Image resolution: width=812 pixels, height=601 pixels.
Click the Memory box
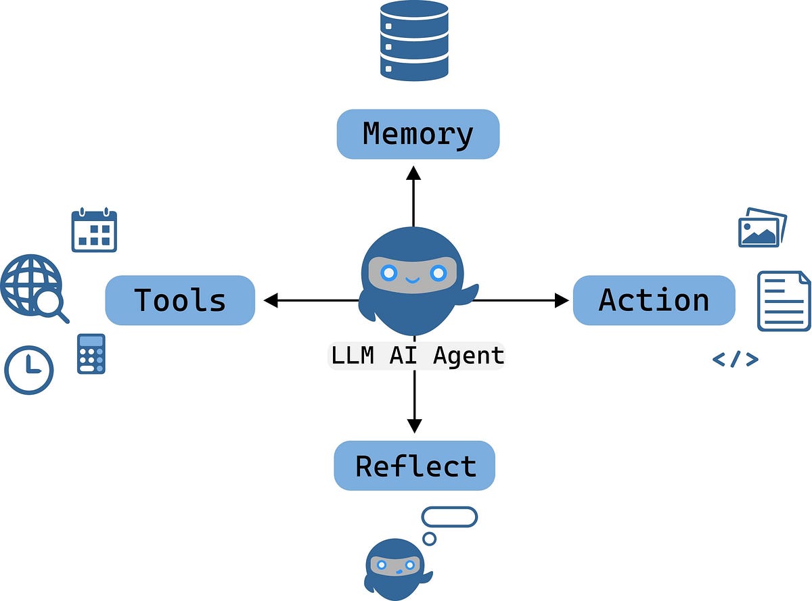[x=418, y=135]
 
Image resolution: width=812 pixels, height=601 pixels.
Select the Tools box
[x=180, y=300]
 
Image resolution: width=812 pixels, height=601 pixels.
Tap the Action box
[x=654, y=300]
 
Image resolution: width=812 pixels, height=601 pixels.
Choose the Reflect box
[x=415, y=466]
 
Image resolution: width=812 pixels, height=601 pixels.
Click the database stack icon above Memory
[x=414, y=41]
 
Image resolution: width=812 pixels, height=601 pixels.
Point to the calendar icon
[x=94, y=231]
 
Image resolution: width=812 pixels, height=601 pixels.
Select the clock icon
[x=28, y=370]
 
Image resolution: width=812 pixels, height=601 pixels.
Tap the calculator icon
[x=91, y=354]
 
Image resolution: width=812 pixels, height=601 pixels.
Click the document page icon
[x=783, y=301]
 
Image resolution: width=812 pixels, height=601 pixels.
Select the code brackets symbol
[x=735, y=360]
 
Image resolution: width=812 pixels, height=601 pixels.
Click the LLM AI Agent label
[x=416, y=356]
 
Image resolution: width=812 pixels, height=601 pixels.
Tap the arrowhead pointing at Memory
[x=414, y=173]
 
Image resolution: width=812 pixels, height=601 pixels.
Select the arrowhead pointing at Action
[x=561, y=300]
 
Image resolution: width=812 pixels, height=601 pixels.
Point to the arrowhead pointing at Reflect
[x=414, y=425]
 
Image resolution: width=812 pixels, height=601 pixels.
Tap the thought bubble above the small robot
[x=449, y=517]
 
